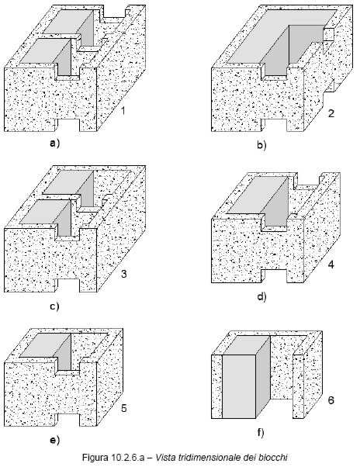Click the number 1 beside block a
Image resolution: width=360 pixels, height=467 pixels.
[x=123, y=111]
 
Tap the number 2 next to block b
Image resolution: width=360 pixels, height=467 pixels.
[x=331, y=113]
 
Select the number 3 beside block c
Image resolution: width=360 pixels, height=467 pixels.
[x=124, y=274]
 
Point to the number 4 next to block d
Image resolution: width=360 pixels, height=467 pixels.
[x=331, y=265]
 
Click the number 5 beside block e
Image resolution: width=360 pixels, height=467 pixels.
[x=124, y=408]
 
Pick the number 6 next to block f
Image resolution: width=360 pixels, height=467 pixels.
[x=331, y=400]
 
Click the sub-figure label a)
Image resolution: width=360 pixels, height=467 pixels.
[x=55, y=144]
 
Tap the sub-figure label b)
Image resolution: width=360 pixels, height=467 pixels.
[x=261, y=145]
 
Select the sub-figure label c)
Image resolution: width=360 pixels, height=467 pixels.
[x=54, y=306]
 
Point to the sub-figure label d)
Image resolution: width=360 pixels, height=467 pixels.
[x=261, y=296]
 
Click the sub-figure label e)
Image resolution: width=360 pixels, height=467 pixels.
[x=55, y=440]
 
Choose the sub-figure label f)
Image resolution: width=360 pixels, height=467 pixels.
[x=261, y=432]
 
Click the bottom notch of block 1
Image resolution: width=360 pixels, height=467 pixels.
[x=67, y=125]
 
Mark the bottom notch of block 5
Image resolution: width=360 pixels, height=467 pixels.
[x=67, y=420]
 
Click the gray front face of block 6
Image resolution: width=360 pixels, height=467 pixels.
[x=239, y=386]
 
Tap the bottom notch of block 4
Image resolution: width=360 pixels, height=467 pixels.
[x=274, y=276]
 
